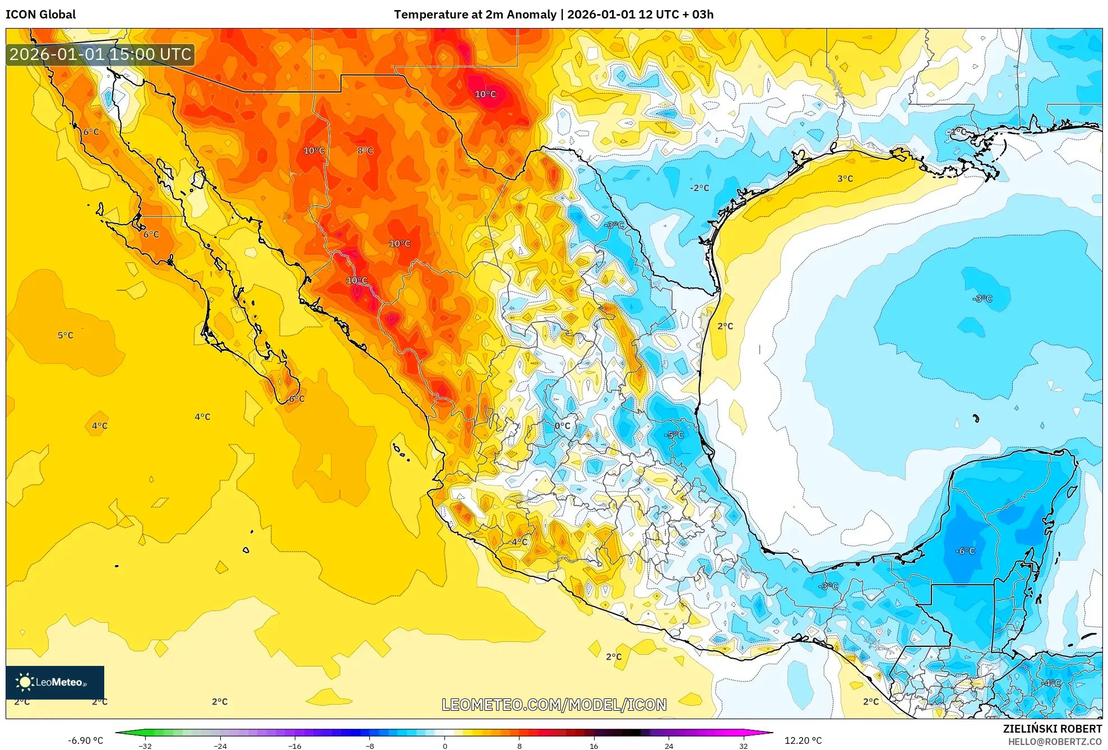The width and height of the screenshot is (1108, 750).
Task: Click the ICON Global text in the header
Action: (40, 15)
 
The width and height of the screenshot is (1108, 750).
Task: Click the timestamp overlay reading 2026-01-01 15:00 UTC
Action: (100, 54)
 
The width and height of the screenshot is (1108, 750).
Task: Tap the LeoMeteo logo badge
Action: (54, 682)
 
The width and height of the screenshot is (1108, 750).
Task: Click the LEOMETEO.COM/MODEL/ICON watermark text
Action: (554, 705)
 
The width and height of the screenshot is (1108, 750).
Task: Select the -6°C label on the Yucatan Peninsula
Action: (965, 551)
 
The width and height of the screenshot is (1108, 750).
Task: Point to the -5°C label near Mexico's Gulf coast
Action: (674, 434)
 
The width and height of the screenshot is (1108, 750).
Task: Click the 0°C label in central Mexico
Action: (562, 426)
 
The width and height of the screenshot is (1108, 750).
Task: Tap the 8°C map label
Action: (365, 150)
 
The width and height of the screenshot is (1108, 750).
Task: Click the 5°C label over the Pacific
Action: (66, 335)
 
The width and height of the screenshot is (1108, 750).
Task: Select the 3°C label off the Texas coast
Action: (845, 179)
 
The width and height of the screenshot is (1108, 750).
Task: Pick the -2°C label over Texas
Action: (699, 188)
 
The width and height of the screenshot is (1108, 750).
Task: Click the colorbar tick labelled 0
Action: (444, 746)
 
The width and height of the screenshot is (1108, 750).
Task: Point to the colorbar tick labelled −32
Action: (145, 746)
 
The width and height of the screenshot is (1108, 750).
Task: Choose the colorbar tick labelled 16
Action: (594, 746)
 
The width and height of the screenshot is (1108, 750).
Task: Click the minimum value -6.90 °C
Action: (85, 740)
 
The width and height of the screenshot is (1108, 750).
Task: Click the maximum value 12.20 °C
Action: (803, 740)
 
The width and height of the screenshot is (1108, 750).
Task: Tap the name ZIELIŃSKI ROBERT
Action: (1052, 729)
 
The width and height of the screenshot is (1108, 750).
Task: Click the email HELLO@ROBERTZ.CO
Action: (1054, 742)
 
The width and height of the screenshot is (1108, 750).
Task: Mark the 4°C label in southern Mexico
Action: (519, 541)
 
